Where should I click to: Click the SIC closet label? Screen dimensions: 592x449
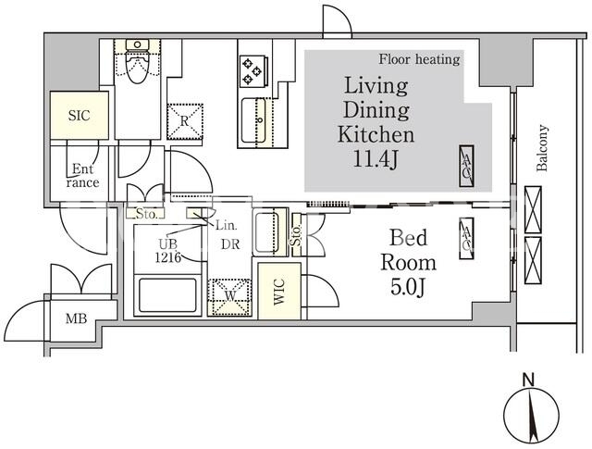click(x=80, y=116)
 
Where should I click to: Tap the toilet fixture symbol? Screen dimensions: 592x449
click(x=137, y=62)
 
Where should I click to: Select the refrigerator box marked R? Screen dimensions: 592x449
click(x=185, y=121)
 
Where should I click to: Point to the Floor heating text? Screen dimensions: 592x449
click(x=419, y=59)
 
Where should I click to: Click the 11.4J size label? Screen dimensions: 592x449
click(x=376, y=159)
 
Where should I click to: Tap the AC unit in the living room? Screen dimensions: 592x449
click(x=466, y=166)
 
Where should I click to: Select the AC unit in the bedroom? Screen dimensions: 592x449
click(x=466, y=238)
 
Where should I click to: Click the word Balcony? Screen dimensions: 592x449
click(x=542, y=148)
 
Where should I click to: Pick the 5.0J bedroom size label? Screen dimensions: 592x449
click(x=408, y=287)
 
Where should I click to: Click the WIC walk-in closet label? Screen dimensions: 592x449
click(x=279, y=292)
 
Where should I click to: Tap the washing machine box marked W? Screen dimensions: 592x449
click(x=229, y=297)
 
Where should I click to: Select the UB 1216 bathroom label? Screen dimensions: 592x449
click(x=168, y=250)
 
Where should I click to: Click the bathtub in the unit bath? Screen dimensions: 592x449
click(x=167, y=295)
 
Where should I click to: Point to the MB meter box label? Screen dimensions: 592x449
click(x=76, y=318)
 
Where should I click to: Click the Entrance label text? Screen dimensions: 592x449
click(x=82, y=176)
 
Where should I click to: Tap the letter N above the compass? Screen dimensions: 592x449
click(x=529, y=380)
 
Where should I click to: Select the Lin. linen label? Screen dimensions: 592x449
click(x=226, y=226)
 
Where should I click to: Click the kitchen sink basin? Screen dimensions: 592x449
click(x=253, y=120)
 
